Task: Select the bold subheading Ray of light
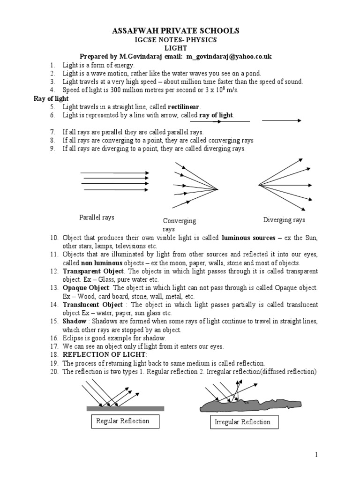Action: tap(51, 98)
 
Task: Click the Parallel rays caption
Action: tap(97, 217)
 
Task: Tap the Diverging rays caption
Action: tap(284, 219)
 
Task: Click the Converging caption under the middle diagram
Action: tap(179, 221)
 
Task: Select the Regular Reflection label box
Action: tap(122, 421)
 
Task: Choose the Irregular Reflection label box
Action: tap(242, 422)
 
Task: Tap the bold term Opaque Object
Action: tap(86, 287)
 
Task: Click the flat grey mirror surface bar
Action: tap(125, 408)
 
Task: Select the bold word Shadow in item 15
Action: tap(74, 321)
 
